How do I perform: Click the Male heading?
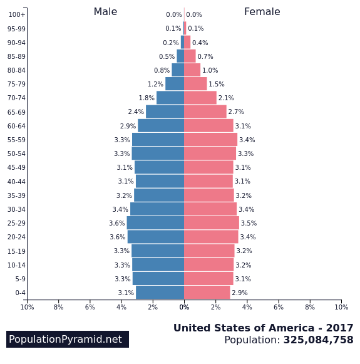click(105, 12)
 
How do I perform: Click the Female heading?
click(262, 12)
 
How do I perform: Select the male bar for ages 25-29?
click(155, 223)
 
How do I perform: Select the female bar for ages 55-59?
click(210, 140)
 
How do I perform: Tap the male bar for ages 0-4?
click(160, 293)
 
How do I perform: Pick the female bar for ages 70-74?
click(200, 98)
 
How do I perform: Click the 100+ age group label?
click(17, 15)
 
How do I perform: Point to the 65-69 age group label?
click(17, 112)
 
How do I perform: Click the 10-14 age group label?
click(17, 265)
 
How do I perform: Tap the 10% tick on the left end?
click(27, 307)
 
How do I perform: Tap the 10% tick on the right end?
click(341, 307)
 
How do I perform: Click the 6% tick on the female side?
click(279, 307)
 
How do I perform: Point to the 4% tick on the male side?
click(121, 307)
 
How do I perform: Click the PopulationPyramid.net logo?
click(68, 340)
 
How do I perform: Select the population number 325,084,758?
click(318, 340)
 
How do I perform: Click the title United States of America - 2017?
click(263, 328)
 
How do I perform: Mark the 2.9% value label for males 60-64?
click(128, 126)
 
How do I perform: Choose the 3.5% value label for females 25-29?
click(249, 224)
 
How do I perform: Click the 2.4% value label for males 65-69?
click(136, 112)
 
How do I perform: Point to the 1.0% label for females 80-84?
click(210, 71)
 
